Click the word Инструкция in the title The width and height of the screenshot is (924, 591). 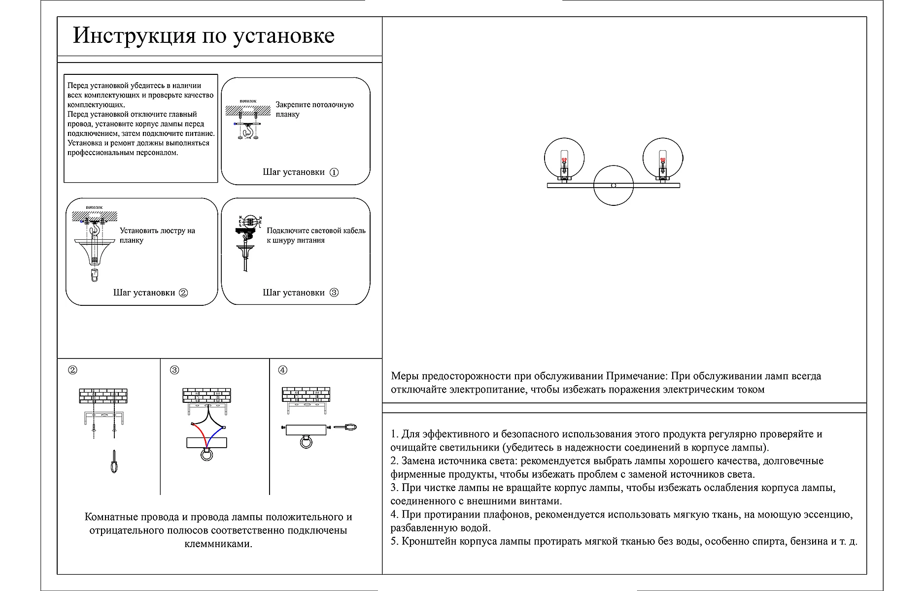(x=134, y=35)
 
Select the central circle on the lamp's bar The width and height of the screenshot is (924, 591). (x=613, y=185)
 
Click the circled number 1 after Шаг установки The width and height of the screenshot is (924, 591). (x=334, y=172)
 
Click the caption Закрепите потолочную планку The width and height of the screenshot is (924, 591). (x=314, y=109)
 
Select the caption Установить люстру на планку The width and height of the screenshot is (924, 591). (x=157, y=235)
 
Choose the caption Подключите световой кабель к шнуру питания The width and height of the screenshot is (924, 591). (x=316, y=235)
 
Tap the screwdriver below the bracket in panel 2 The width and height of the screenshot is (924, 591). (x=114, y=461)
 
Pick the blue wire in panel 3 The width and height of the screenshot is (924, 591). (x=215, y=433)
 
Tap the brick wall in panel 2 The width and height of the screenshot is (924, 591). (x=103, y=396)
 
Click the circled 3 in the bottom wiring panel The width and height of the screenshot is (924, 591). (x=174, y=370)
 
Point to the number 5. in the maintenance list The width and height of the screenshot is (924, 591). (x=395, y=541)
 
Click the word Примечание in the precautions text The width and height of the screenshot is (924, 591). (x=636, y=376)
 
